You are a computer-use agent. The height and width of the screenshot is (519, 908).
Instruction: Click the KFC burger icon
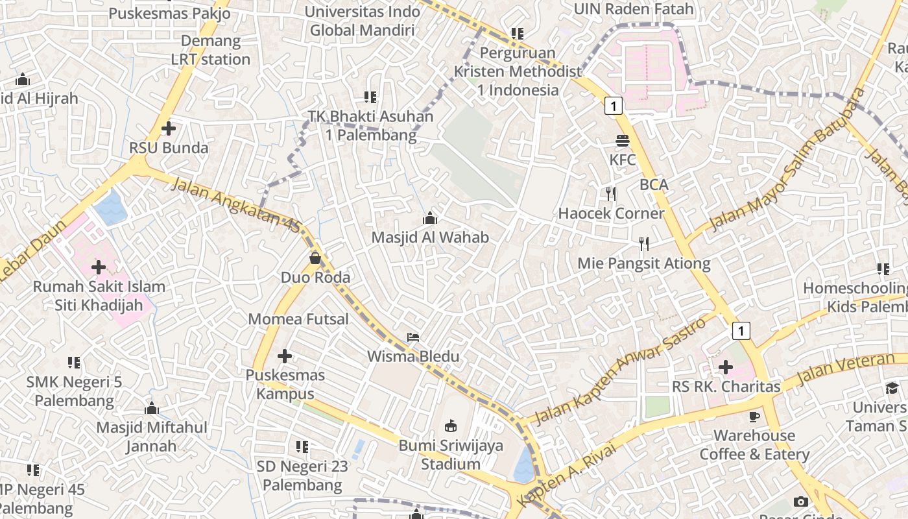pos(623,140)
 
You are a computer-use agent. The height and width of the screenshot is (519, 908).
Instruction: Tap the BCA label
pos(654,184)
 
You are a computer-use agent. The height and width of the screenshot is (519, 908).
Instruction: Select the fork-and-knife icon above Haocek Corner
pos(610,193)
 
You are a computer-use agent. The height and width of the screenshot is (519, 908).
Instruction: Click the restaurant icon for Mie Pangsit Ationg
pos(644,244)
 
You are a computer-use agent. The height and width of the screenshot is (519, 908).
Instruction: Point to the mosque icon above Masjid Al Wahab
pos(429,219)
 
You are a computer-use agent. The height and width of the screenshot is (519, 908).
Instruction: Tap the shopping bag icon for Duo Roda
pos(315,258)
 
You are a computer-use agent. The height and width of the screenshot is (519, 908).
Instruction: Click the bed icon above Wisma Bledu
pos(413,337)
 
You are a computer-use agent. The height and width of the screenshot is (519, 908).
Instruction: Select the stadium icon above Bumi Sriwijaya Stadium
pos(450,426)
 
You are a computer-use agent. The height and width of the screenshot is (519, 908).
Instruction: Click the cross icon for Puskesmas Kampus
pos(284,356)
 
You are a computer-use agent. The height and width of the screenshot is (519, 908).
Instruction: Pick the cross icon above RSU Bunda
pos(169,128)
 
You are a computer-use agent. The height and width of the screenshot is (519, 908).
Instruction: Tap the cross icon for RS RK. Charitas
pos(726,368)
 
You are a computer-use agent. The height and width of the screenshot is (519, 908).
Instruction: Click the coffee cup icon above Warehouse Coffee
pos(754,416)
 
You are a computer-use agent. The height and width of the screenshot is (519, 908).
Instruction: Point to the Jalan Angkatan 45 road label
pos(237,205)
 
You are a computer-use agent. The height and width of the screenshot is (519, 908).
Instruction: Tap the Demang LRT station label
pos(210,50)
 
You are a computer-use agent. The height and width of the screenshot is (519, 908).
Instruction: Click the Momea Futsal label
pos(298,319)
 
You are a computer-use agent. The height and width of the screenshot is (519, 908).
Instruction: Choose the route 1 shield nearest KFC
pos(614,105)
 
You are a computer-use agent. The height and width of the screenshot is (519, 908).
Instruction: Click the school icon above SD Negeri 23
pos(302,447)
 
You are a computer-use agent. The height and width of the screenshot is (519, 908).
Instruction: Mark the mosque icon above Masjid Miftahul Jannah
pos(152,408)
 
